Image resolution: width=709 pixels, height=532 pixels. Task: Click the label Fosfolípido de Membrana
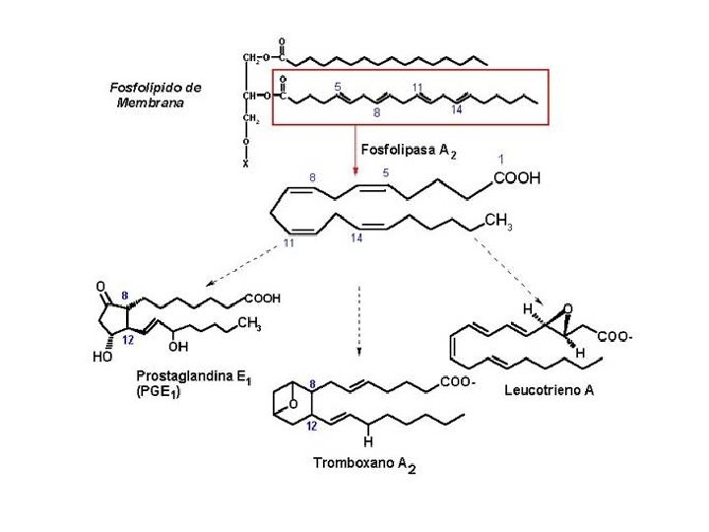pos(155,95)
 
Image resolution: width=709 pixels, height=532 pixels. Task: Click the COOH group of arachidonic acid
pos(516,178)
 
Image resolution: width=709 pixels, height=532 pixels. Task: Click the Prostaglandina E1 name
pos(191,376)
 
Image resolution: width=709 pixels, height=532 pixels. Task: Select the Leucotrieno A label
pos(548,391)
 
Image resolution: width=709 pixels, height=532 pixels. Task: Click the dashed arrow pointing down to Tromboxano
pos(358,320)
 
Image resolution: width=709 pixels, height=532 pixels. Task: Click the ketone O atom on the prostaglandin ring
pos(99,286)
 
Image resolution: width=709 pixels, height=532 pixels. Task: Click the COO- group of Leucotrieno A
pos(615,338)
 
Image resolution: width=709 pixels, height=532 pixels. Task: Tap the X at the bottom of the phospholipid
pos(245,165)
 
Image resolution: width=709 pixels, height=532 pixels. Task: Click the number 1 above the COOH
pos(502,158)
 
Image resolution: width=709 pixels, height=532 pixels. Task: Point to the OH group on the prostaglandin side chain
pos(178,346)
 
